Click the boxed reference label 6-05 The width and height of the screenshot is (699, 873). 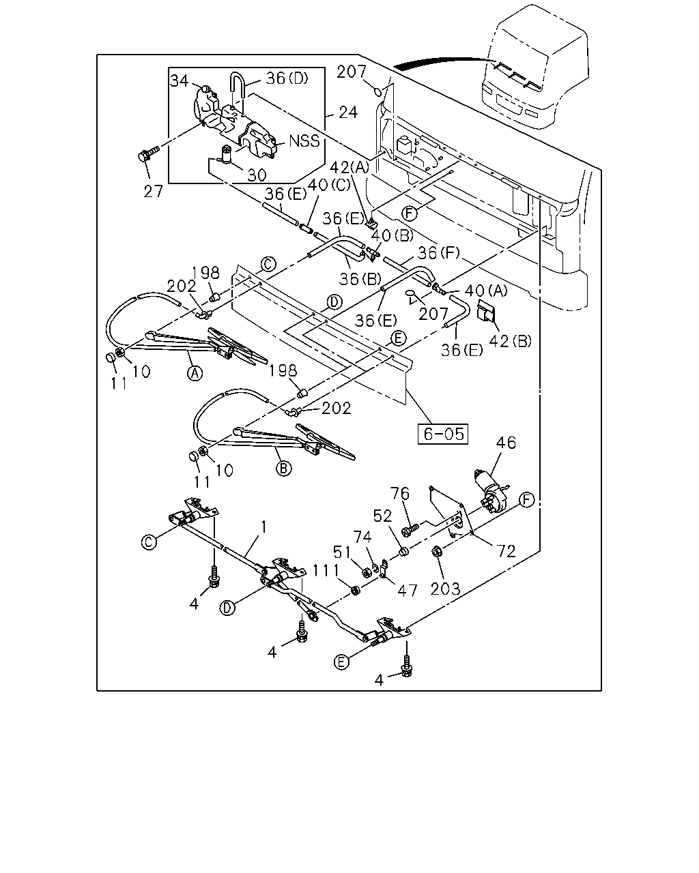click(x=443, y=434)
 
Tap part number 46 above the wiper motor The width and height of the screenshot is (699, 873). click(x=506, y=443)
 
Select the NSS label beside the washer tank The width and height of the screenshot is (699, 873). click(x=304, y=140)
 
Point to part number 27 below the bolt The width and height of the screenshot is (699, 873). click(x=153, y=191)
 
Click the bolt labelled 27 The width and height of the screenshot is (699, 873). click(x=148, y=155)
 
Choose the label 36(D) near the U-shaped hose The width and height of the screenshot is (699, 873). click(x=287, y=78)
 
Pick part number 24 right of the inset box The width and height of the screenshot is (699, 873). click(x=347, y=113)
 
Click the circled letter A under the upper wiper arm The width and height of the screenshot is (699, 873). click(x=195, y=373)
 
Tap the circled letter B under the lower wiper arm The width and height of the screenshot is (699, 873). click(x=283, y=469)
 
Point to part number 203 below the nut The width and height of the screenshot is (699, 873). click(x=446, y=589)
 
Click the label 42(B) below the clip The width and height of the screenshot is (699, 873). click(x=510, y=341)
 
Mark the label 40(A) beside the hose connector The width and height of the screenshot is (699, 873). click(x=486, y=291)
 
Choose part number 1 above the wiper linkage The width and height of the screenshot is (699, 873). click(x=264, y=527)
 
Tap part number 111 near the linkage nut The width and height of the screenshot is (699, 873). click(x=326, y=570)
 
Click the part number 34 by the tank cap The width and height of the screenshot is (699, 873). click(x=179, y=80)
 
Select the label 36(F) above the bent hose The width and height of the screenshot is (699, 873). click(x=439, y=253)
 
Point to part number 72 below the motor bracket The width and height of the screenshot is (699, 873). click(x=506, y=551)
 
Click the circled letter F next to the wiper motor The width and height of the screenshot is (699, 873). click(x=527, y=499)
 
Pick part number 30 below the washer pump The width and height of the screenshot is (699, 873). click(x=257, y=175)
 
